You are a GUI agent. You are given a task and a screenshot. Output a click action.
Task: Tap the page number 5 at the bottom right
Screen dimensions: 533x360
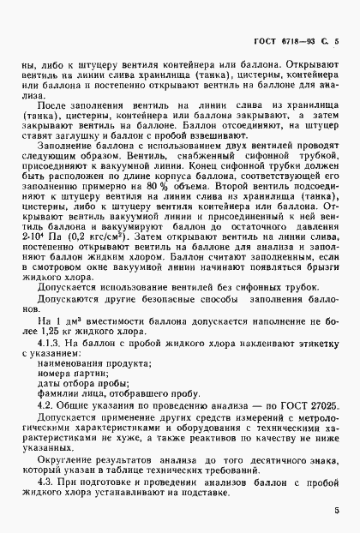click(x=337, y=512)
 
